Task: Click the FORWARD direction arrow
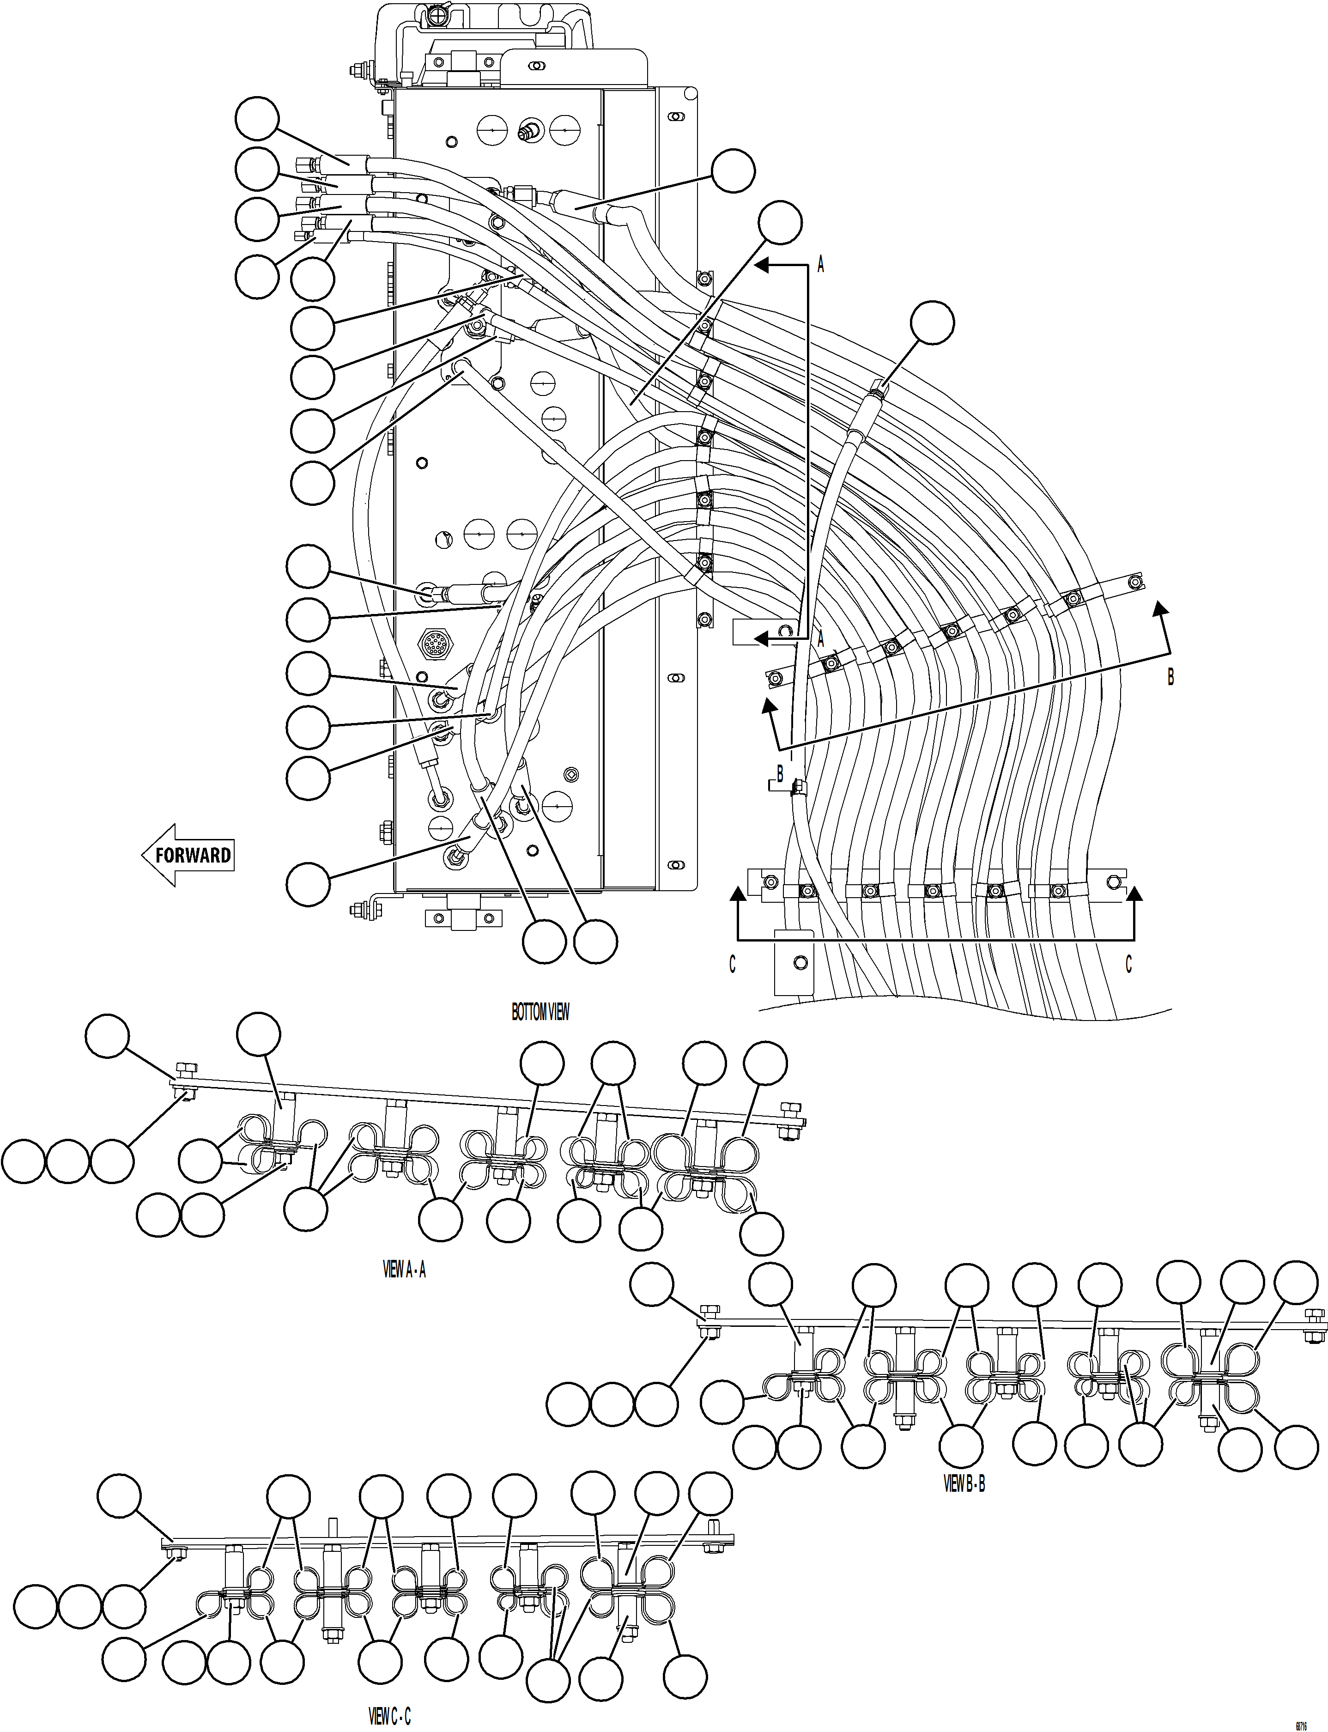[x=188, y=855]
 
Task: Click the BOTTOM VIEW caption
[x=540, y=1012]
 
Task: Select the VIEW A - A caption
[x=404, y=1270]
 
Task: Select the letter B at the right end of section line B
[x=1170, y=677]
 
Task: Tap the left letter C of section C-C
[x=732, y=965]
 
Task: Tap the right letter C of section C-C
[x=1128, y=965]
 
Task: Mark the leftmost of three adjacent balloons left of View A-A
[x=24, y=1162]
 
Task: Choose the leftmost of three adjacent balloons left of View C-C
[x=36, y=1605]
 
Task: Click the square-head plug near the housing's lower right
[x=571, y=772]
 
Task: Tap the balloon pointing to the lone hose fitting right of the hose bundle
[x=932, y=322]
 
